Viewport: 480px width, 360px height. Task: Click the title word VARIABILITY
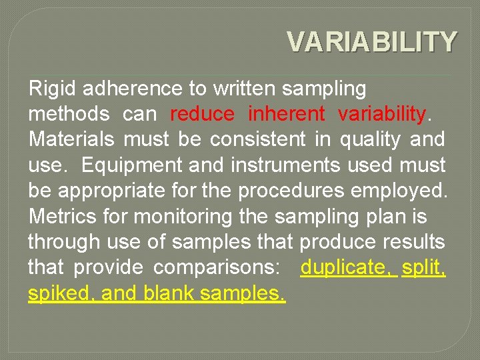point(372,41)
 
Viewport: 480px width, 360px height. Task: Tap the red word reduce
point(202,114)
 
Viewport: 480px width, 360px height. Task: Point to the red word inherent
point(286,114)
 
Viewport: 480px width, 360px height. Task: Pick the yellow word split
point(423,267)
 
